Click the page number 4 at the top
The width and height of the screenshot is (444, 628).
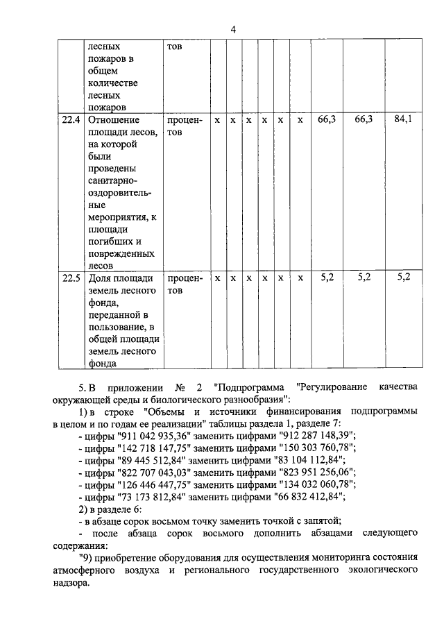click(233, 28)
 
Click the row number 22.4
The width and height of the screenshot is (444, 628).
click(69, 119)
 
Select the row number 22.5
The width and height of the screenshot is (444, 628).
click(69, 278)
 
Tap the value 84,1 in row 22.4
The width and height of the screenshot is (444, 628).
click(402, 119)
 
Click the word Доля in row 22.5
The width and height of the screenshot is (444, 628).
click(101, 278)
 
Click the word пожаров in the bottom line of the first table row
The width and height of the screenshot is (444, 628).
click(106, 107)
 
